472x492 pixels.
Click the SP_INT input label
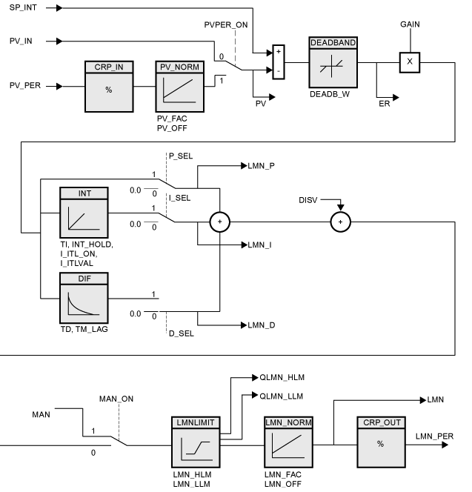26,7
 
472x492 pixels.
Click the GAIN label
410,24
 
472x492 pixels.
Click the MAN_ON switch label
116,399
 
